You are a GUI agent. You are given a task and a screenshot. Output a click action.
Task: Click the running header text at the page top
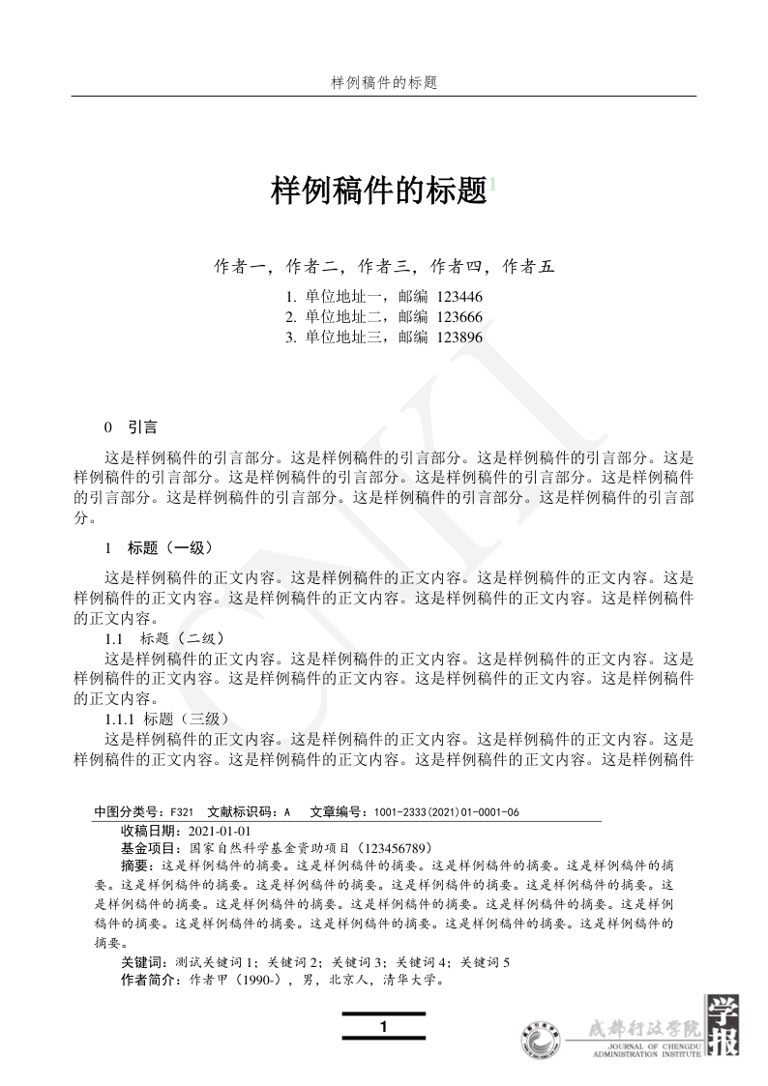pos(384,83)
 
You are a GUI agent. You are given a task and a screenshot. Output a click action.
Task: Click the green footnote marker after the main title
pos(492,184)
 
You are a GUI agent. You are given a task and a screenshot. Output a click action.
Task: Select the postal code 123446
pos(459,297)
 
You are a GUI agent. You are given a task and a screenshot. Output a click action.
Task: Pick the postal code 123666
pos(459,317)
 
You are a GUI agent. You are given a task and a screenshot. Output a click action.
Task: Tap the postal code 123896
pos(459,338)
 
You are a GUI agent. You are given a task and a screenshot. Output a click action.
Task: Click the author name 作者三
pos(384,266)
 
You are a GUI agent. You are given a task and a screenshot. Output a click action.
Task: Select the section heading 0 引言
pos(132,426)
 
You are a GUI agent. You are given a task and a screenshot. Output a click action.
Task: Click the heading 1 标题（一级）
pos(157,547)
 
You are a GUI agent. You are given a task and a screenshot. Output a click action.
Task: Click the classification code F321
pos(182,812)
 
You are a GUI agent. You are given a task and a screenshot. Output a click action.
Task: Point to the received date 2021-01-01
pos(220,831)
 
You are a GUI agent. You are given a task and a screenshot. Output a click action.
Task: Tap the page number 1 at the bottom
pos(384,1026)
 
